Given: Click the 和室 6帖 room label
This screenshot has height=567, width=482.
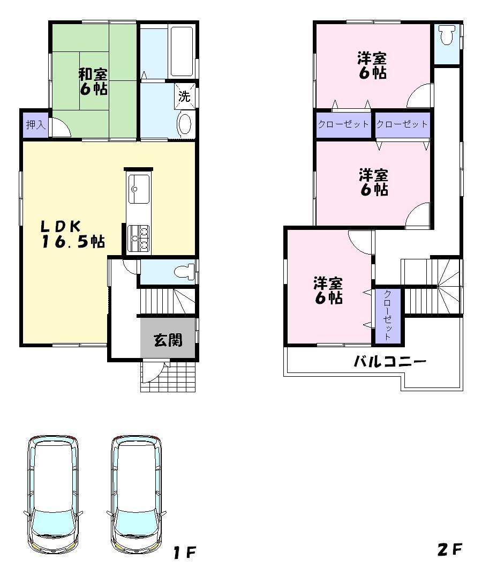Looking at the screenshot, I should click(x=93, y=81).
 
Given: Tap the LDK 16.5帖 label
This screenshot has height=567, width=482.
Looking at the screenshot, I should click(x=73, y=234).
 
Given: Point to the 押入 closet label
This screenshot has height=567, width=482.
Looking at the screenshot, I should click(x=35, y=124).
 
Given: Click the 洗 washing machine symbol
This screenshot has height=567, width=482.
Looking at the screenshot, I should click(x=184, y=96).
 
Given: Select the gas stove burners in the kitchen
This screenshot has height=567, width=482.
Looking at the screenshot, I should click(x=139, y=238).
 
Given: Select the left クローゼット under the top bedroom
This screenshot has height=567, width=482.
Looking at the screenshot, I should click(x=343, y=124).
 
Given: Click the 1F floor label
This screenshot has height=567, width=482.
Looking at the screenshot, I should click(x=185, y=552).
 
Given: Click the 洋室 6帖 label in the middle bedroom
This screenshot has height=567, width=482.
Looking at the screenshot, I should click(x=373, y=182).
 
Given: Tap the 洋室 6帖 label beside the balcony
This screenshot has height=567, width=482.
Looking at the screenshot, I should click(x=328, y=290).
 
